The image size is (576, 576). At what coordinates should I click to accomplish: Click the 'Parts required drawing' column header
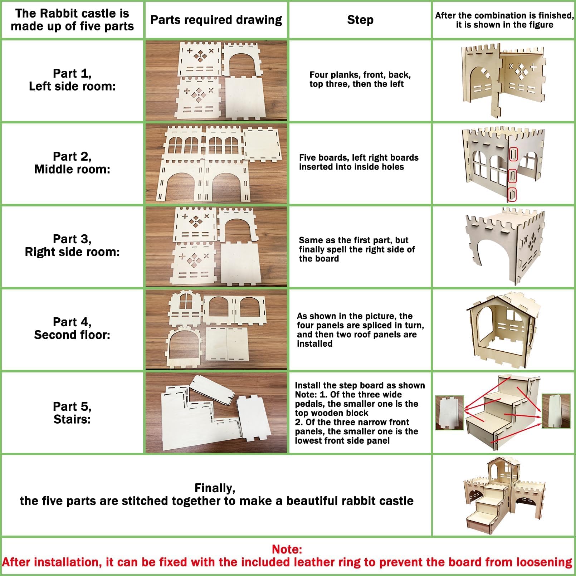click(216, 20)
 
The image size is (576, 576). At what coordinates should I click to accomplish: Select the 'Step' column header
click(360, 20)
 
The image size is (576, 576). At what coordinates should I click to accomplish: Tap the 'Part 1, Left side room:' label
click(72, 80)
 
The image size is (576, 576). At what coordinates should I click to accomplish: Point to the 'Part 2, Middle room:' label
click(72, 163)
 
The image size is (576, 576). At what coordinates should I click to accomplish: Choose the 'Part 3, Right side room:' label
click(72, 245)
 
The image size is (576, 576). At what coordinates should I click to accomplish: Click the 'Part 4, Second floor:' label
click(72, 328)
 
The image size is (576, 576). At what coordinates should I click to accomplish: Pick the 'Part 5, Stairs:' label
click(72, 413)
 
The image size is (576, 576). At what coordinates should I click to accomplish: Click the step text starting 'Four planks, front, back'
click(360, 79)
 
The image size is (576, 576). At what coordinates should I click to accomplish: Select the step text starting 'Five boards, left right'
click(358, 162)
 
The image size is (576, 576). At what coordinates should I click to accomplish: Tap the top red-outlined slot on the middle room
click(513, 155)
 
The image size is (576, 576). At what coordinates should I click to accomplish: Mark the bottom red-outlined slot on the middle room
click(513, 194)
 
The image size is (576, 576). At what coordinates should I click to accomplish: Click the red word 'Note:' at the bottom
click(287, 549)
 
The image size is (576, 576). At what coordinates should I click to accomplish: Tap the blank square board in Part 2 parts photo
click(262, 143)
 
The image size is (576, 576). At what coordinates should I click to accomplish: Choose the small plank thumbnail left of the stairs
click(449, 413)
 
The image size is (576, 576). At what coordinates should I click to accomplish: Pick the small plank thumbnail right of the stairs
click(556, 411)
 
